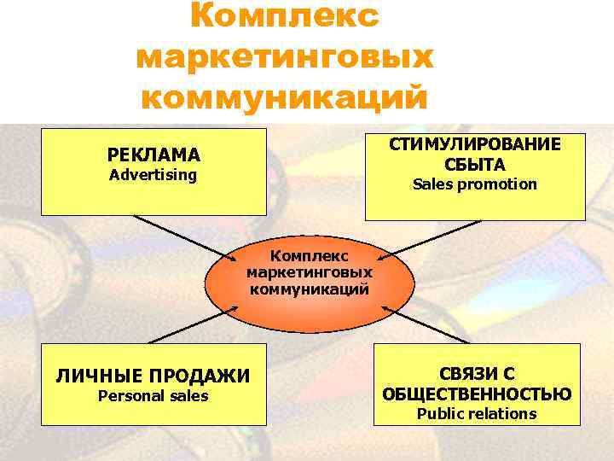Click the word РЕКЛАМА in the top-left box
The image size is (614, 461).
153,155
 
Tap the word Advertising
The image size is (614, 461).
153,175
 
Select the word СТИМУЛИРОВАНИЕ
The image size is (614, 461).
475,144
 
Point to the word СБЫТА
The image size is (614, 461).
475,164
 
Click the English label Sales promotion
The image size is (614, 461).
475,184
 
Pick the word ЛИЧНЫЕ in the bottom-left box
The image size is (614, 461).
96,376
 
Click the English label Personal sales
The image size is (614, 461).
153,396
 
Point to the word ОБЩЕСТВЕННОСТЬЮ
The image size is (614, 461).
477,394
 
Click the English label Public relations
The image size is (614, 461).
477,414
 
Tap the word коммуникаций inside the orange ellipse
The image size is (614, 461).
310,289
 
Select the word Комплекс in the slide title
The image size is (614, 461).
284,17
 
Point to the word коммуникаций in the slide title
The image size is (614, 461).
284,96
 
